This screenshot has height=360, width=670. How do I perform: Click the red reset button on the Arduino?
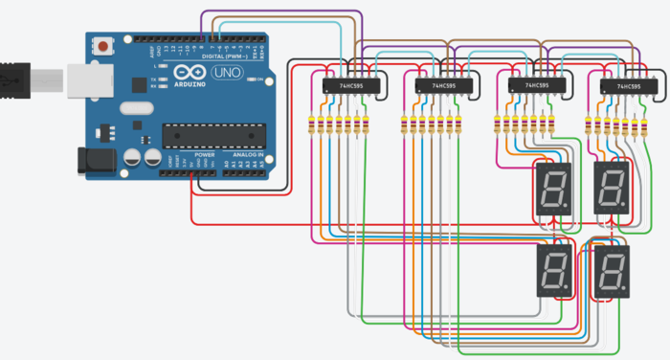(x=102, y=44)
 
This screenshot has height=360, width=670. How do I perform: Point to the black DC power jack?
(x=93, y=158)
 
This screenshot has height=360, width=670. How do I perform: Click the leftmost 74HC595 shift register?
(x=350, y=86)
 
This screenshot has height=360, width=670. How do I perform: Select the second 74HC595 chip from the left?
(x=442, y=86)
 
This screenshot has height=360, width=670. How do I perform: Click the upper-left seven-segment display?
(x=550, y=189)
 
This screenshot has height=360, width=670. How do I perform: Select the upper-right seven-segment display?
(x=612, y=188)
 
